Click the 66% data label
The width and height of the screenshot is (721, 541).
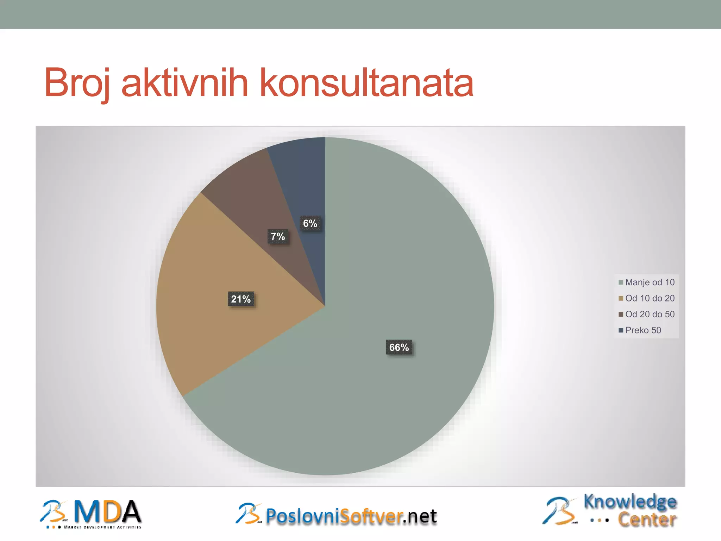(399, 348)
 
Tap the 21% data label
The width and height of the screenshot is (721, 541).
(241, 299)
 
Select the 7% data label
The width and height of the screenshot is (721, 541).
(278, 236)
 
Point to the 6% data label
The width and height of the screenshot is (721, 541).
(310, 223)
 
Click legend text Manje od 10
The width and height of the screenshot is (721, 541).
(650, 282)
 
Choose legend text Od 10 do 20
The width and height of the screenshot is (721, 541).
(650, 298)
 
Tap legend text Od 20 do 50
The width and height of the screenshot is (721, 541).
(650, 314)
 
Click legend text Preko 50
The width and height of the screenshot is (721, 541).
(643, 330)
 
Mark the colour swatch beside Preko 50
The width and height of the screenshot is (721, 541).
(621, 330)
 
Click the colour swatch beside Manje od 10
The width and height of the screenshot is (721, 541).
(621, 282)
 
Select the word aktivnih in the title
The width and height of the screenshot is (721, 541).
(185, 83)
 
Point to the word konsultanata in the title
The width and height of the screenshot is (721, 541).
(366, 83)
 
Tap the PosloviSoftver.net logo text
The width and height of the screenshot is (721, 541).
(351, 516)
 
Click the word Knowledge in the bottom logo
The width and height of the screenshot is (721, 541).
(630, 502)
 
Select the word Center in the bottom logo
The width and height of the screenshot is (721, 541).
(647, 520)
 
